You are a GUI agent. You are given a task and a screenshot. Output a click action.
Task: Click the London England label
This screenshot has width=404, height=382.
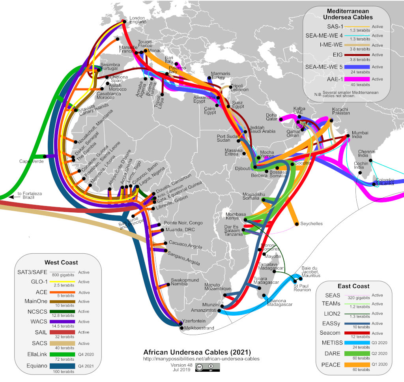[138, 20]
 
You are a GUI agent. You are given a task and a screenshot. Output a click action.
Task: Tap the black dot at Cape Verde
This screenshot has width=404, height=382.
[45, 157]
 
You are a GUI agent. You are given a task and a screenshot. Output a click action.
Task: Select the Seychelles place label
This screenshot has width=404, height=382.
[311, 224]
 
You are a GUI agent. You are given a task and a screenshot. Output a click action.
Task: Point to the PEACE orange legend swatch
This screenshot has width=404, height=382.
[357, 365]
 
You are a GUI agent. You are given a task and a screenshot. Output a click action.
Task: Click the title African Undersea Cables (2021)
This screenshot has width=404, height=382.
[197, 352]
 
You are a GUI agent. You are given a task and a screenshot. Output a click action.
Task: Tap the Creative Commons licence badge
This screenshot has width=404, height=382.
[207, 367]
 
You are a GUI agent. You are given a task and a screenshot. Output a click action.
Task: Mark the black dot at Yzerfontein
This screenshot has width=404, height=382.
[180, 321]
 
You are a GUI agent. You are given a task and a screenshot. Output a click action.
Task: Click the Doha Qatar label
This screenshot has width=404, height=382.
[272, 117]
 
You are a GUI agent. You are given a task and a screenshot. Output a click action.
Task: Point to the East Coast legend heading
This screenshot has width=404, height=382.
[353, 286]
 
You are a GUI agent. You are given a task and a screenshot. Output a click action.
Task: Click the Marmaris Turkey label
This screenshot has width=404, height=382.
[221, 76]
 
